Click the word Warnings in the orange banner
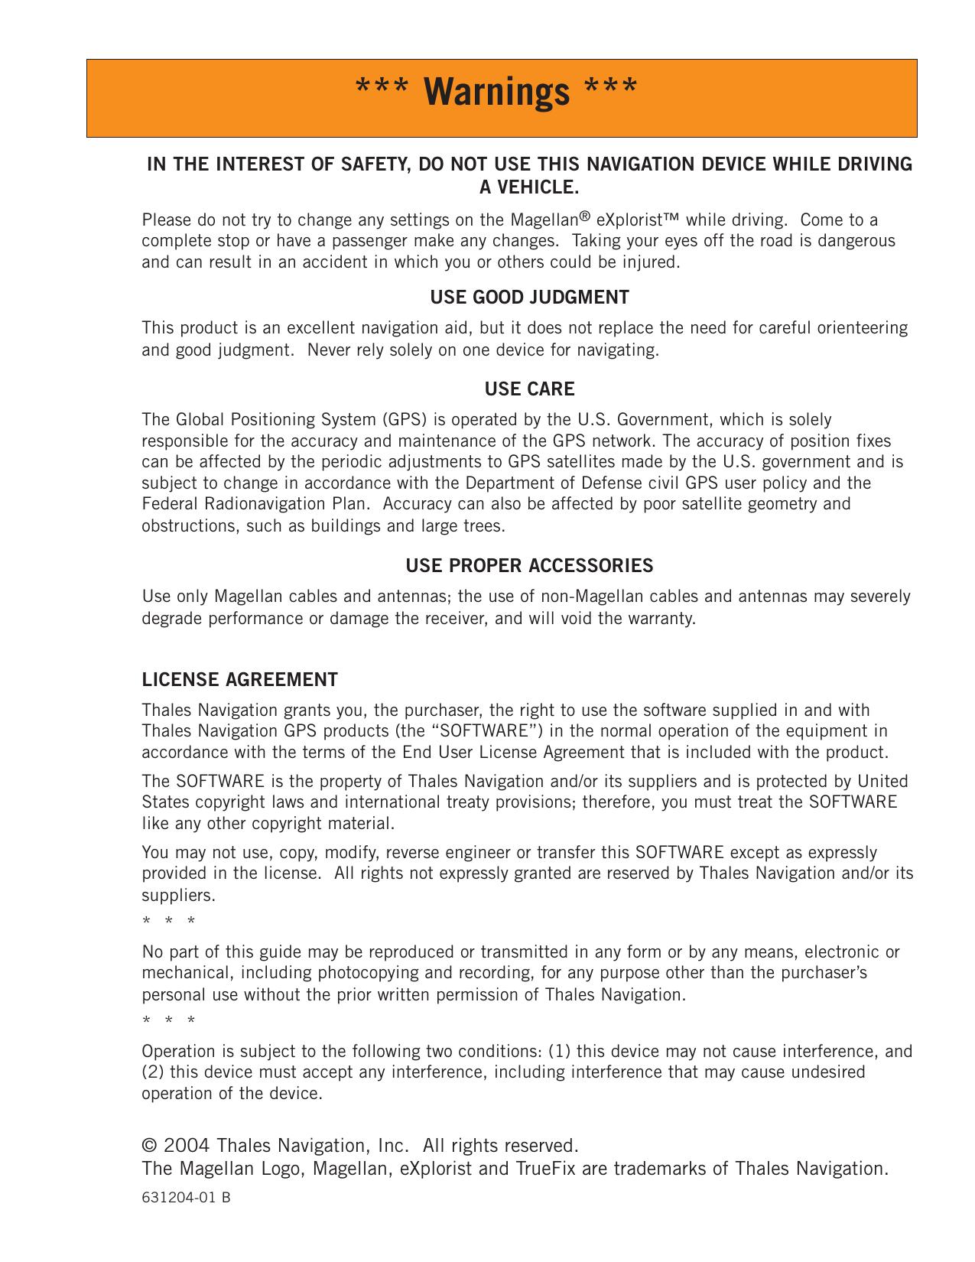click(497, 92)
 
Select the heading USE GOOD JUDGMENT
click(529, 298)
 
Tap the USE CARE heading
click(529, 389)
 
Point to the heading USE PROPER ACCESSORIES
click(529, 566)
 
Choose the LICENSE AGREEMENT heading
click(239, 680)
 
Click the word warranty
click(665, 618)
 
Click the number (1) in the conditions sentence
click(559, 1051)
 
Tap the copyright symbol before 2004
click(149, 1146)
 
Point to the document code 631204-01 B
click(186, 1198)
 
